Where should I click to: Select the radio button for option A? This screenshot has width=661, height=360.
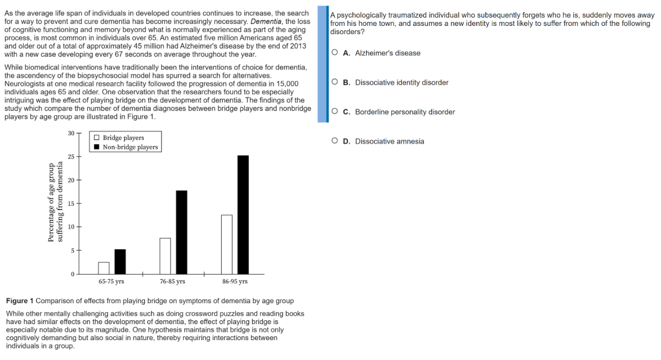[x=335, y=53]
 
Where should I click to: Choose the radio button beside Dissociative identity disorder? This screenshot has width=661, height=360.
[x=335, y=82]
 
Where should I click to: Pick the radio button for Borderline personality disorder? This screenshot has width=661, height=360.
[x=335, y=111]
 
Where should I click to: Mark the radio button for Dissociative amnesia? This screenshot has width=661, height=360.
[x=335, y=141]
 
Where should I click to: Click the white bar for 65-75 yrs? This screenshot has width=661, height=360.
[x=104, y=268]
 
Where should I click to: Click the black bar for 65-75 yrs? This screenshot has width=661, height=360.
[x=120, y=261]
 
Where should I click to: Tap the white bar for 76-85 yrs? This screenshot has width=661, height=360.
[x=165, y=256]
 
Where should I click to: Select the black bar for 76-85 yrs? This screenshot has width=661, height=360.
[x=181, y=232]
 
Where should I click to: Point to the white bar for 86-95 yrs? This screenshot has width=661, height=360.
[x=227, y=244]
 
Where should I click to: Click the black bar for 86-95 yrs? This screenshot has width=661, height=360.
[x=243, y=214]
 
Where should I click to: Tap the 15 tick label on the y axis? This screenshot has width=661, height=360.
[x=71, y=203]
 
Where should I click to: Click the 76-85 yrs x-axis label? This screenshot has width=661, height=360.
[x=173, y=281]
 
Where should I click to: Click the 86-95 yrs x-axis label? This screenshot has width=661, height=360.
[x=235, y=281]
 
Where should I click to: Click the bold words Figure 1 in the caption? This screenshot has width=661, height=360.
[x=20, y=301]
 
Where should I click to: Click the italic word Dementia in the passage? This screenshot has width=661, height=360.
[x=266, y=21]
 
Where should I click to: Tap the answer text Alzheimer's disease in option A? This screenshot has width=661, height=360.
[x=388, y=53]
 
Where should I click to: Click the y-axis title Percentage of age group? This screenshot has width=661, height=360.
[x=51, y=202]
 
